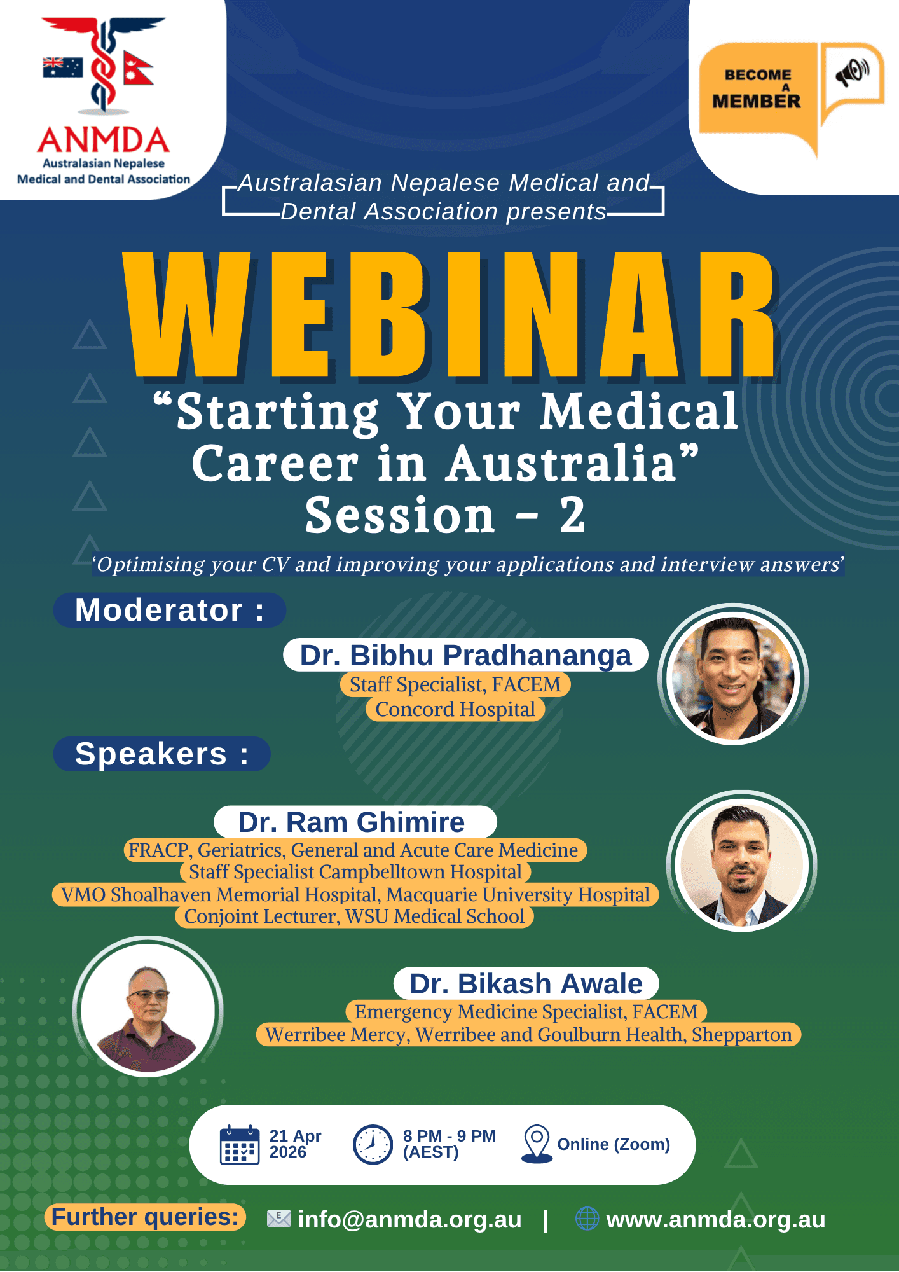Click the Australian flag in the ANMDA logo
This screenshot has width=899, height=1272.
click(62, 67)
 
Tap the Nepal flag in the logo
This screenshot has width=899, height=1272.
click(136, 68)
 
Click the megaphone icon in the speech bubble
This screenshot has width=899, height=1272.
click(852, 72)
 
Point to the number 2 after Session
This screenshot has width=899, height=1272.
click(572, 515)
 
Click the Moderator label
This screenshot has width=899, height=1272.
click(169, 610)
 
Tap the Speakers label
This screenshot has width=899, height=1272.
click(161, 754)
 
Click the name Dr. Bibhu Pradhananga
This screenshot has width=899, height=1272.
click(465, 655)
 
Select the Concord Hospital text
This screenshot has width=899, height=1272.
click(455, 709)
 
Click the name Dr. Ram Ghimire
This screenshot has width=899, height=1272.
click(352, 822)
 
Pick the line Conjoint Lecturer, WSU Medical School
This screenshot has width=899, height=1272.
click(354, 916)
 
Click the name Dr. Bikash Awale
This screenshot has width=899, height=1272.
click(526, 983)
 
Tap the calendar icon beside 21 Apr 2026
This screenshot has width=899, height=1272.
click(240, 1144)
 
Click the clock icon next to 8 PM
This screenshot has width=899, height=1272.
click(373, 1144)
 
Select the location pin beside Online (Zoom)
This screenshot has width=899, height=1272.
click(537, 1144)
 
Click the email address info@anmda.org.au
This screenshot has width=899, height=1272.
click(409, 1220)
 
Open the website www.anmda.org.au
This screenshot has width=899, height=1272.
click(716, 1220)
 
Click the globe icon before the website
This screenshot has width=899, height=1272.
click(587, 1219)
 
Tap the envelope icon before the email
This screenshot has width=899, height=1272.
click(278, 1219)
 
